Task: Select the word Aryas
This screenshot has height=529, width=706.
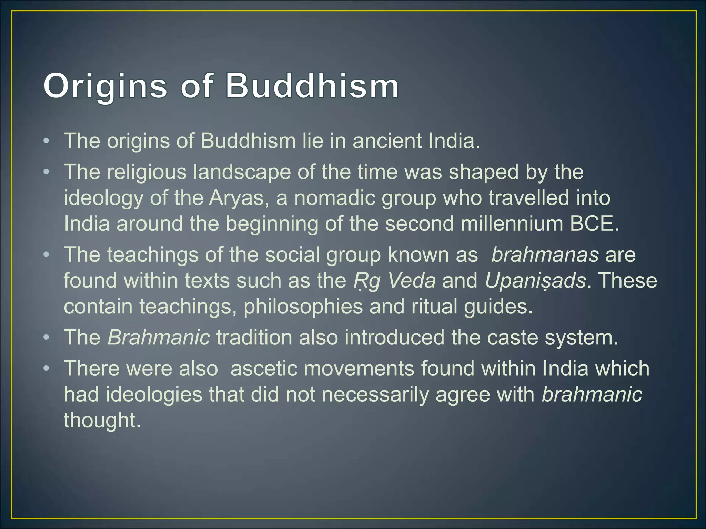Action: tap(236, 198)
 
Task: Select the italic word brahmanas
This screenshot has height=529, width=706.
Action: tap(545, 255)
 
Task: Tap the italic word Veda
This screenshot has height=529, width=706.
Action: tap(412, 281)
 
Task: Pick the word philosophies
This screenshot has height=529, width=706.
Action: tap(303, 307)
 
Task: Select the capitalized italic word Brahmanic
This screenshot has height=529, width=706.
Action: tap(159, 338)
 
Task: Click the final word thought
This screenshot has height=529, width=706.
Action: tap(102, 421)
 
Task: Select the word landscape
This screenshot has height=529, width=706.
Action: tap(242, 172)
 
